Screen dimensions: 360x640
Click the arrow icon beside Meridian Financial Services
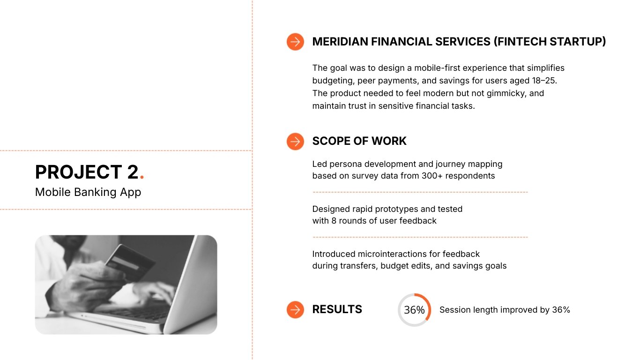295,42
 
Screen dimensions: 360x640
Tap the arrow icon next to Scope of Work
295,141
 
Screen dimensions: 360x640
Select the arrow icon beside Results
295,309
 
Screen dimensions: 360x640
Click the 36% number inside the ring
414,310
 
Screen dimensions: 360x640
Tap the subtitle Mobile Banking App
88,192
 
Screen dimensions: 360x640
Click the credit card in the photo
129,262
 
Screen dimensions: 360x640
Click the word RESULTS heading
337,309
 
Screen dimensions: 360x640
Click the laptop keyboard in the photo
136,312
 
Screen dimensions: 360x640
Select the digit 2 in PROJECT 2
132,172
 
